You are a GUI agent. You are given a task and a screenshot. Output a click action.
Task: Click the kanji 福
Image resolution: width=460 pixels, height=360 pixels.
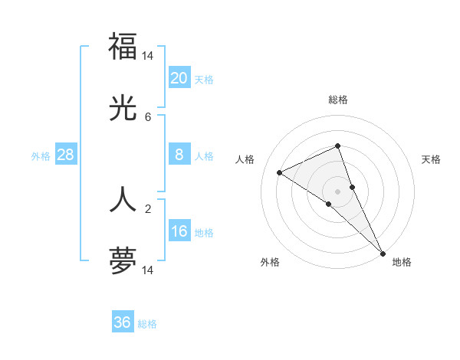pyautogui.click(x=123, y=46)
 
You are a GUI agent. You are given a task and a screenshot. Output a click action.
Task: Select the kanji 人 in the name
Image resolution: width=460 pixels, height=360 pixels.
pyautogui.click(x=123, y=199)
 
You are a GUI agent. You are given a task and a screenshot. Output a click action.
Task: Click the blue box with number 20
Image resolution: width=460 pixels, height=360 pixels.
pyautogui.click(x=179, y=77)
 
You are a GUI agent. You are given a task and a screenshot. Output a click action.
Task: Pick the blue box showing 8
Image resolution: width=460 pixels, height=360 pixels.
pyautogui.click(x=179, y=155)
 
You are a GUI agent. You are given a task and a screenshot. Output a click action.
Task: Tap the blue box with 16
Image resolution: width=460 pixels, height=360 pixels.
pyautogui.click(x=179, y=231)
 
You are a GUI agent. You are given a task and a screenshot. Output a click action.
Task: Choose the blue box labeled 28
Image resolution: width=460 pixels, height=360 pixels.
pyautogui.click(x=65, y=155)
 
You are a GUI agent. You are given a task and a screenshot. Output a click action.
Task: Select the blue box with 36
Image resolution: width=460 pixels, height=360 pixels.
pyautogui.click(x=122, y=322)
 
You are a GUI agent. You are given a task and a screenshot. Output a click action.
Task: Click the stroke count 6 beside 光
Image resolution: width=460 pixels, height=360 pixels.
pyautogui.click(x=148, y=117)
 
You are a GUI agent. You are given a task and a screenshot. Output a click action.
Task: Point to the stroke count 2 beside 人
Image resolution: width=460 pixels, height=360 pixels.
pyautogui.click(x=148, y=208)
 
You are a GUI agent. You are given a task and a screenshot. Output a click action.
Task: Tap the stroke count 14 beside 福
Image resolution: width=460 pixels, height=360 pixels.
pyautogui.click(x=148, y=55)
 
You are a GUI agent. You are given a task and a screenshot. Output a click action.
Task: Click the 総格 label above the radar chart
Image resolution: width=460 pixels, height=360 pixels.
pyautogui.click(x=337, y=100)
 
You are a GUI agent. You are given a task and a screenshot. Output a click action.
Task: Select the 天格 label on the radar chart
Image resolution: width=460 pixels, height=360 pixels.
pyautogui.click(x=431, y=159)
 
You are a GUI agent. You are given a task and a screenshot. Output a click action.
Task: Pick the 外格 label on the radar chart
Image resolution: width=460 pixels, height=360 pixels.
pyautogui.click(x=270, y=262)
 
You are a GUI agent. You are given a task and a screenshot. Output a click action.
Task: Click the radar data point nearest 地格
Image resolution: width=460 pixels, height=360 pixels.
pyautogui.click(x=383, y=253)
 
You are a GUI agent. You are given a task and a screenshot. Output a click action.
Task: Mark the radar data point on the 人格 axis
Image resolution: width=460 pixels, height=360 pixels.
pyautogui.click(x=280, y=172)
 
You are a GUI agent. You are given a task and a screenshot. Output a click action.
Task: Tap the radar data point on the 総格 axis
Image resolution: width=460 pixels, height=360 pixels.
pyautogui.click(x=337, y=146)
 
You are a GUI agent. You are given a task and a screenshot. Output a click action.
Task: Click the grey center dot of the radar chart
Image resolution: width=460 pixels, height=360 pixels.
pyautogui.click(x=337, y=191)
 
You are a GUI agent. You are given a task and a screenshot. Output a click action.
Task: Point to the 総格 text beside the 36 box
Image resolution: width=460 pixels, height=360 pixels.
pyautogui.click(x=147, y=324)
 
